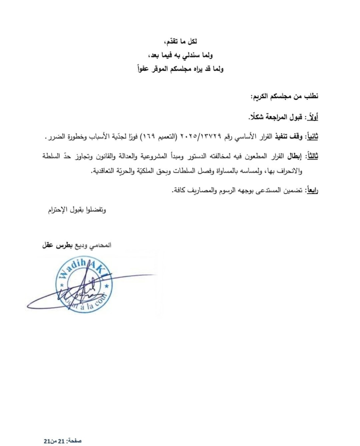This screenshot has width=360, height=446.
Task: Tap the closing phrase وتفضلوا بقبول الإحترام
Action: click(x=74, y=210)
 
